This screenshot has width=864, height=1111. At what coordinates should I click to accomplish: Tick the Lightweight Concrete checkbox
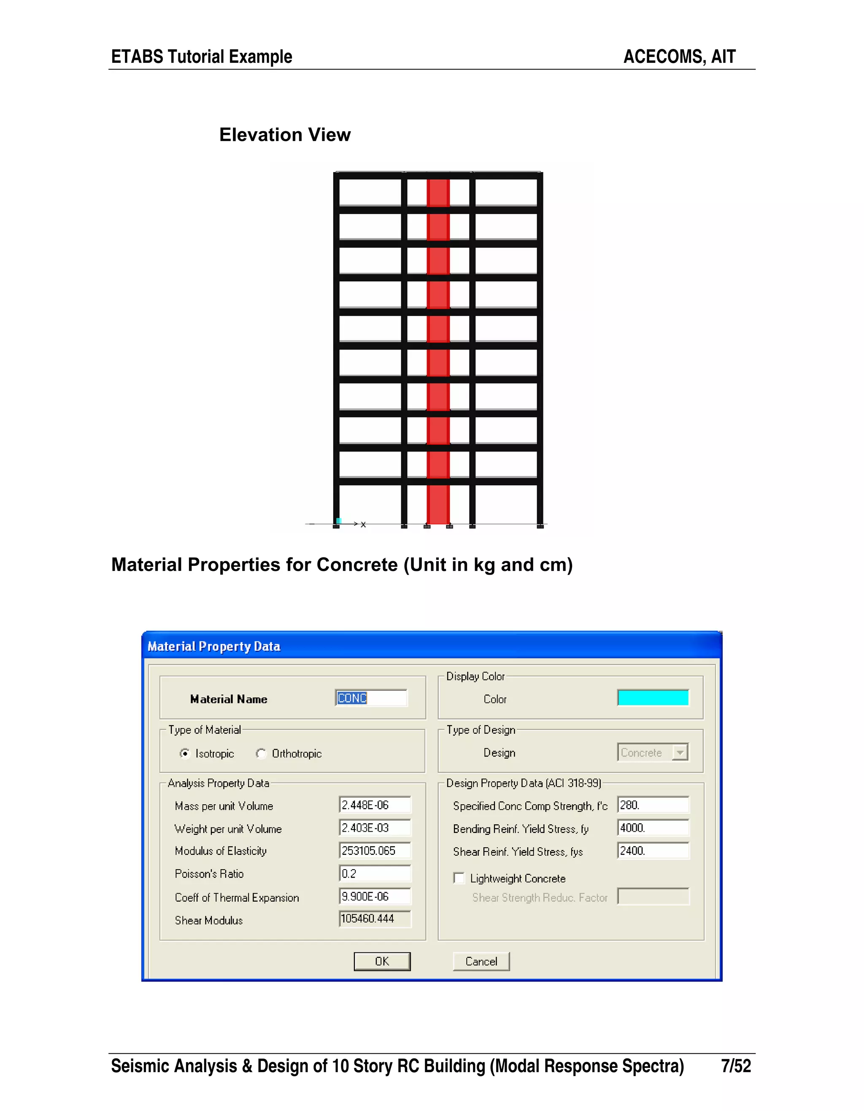point(459,878)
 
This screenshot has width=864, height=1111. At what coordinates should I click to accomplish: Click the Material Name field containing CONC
point(371,698)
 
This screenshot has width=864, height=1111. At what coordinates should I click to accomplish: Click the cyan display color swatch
point(653,697)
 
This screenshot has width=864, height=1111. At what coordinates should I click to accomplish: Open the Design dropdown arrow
point(680,752)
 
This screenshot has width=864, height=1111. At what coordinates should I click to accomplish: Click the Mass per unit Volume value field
point(375,805)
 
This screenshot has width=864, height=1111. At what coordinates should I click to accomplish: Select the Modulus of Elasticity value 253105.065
point(375,851)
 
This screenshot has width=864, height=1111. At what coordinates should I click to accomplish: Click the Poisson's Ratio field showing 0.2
point(375,873)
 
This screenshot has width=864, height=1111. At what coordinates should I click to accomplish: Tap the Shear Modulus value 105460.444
point(375,919)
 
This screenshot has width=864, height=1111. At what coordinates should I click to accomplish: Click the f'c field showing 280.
point(653,805)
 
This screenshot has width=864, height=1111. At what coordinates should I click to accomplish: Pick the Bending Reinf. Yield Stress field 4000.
point(653,828)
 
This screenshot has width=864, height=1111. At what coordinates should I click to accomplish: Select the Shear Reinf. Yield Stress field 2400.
point(653,851)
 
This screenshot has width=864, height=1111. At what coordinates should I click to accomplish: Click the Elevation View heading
point(285,135)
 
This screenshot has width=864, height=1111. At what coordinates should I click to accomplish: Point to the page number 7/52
point(735,1066)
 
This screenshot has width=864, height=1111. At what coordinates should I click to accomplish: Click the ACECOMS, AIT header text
point(679,57)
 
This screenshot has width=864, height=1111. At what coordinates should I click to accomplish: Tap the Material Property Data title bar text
point(213,646)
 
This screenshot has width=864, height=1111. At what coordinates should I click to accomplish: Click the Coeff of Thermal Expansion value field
point(375,896)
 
